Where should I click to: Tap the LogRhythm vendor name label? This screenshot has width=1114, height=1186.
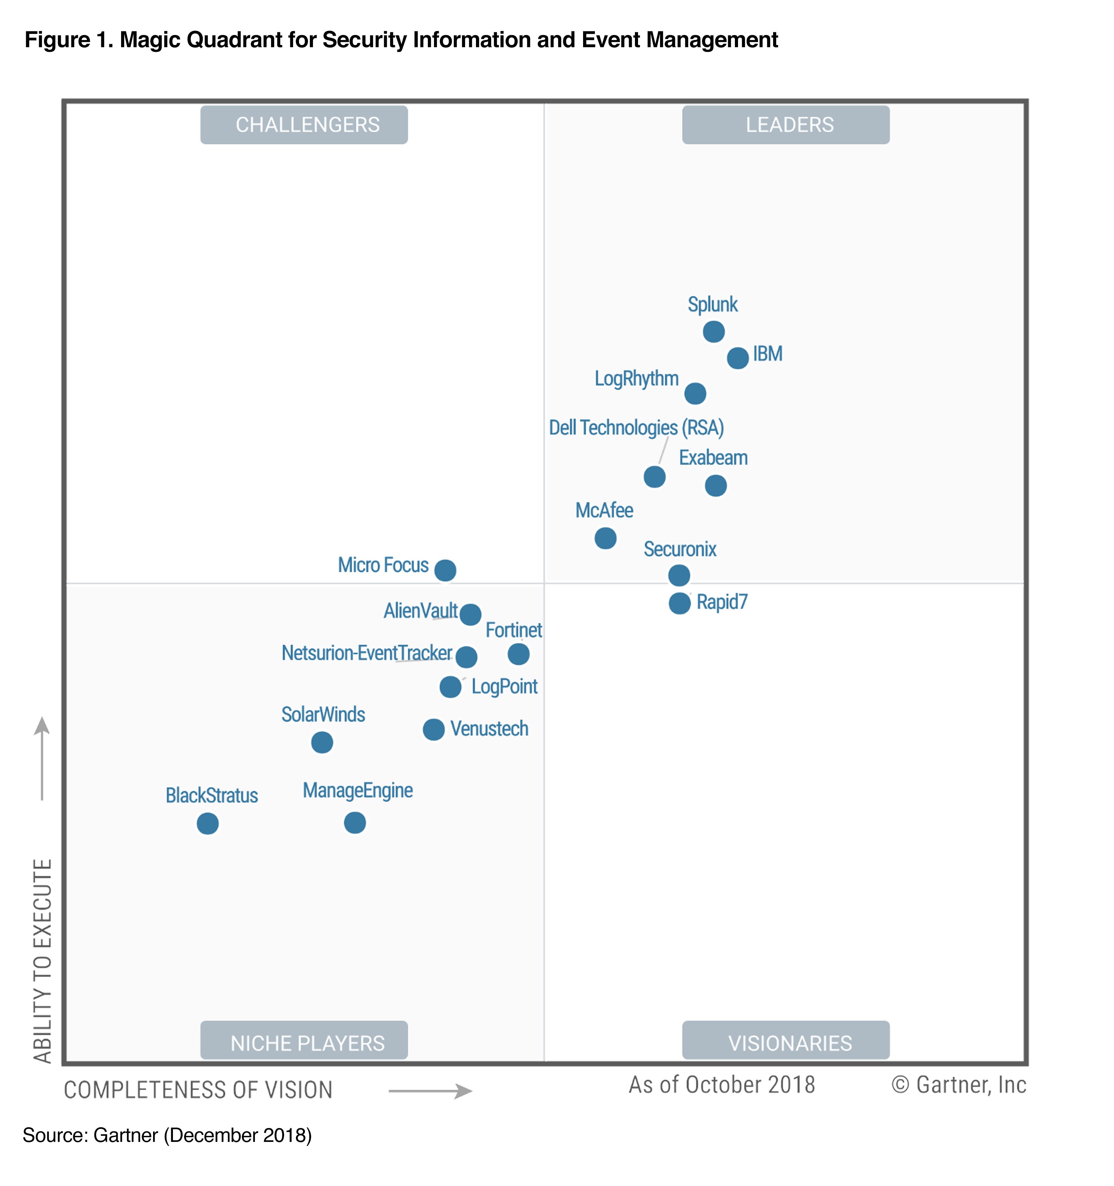636,379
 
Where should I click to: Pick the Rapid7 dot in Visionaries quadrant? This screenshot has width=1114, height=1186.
679,603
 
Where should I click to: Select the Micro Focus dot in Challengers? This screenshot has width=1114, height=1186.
445,570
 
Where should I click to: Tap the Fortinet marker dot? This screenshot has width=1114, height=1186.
518,654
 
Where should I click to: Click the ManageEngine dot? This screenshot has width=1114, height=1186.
355,823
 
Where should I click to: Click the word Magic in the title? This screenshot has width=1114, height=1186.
150,40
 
